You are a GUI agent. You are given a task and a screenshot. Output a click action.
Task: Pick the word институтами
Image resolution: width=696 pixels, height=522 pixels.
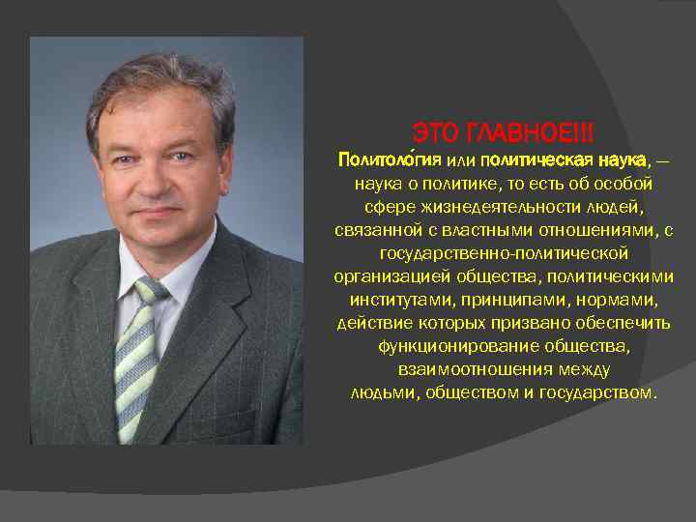(x=394, y=299)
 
